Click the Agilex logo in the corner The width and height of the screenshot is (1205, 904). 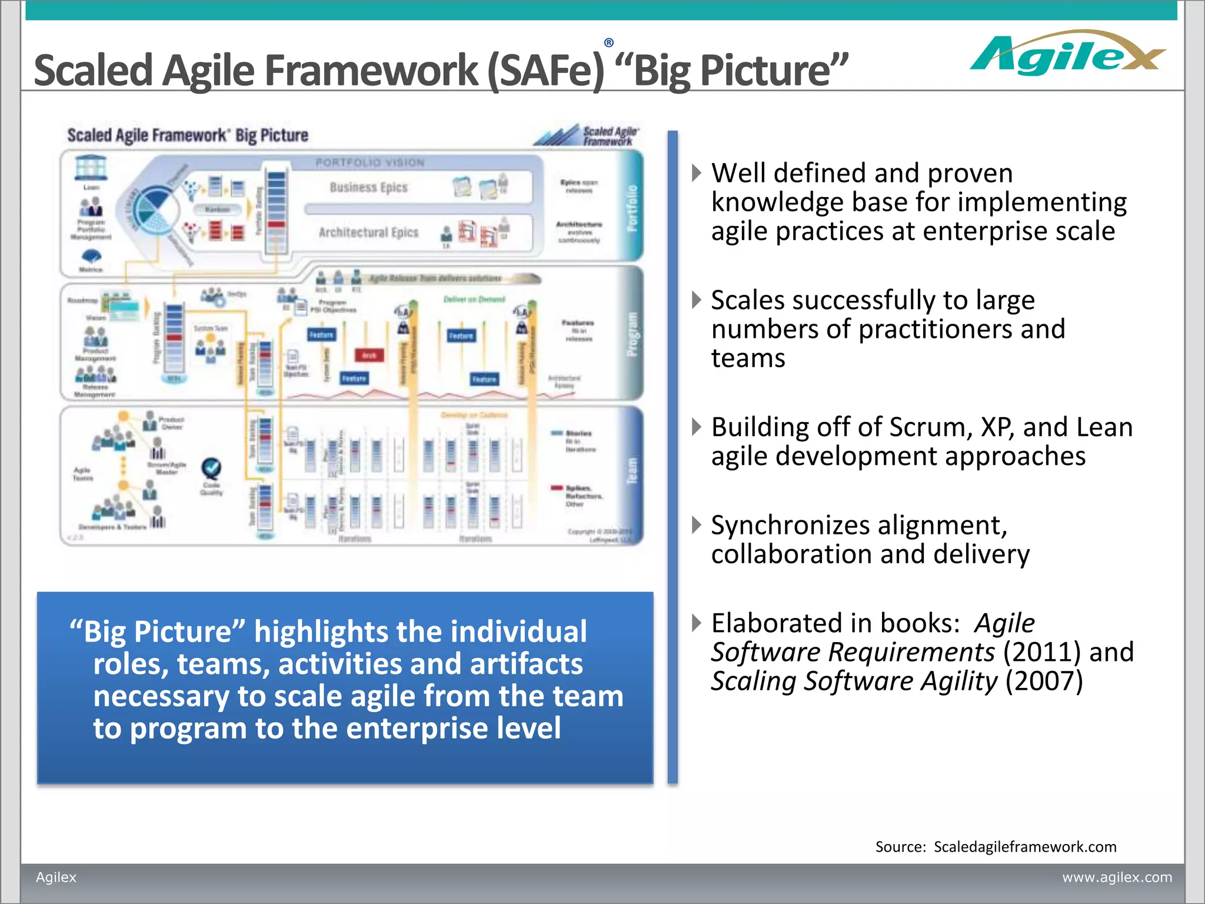click(1066, 54)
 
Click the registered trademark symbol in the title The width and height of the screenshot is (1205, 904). click(609, 42)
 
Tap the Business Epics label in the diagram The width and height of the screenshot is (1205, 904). click(368, 187)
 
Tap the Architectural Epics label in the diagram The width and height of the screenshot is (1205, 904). click(368, 232)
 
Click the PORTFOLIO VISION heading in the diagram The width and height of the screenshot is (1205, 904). click(370, 162)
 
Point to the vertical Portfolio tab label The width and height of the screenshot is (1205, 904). click(632, 208)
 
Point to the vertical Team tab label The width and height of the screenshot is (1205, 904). click(632, 471)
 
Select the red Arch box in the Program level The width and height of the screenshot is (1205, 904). click(369, 355)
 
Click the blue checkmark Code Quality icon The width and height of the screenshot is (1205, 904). click(211, 469)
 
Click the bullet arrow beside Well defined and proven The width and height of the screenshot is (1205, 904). click(697, 173)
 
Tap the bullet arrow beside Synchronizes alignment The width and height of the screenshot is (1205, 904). click(697, 524)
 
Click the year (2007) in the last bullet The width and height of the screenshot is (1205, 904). click(1044, 681)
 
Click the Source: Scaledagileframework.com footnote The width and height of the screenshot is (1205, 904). click(996, 846)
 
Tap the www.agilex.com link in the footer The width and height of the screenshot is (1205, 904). click(1117, 877)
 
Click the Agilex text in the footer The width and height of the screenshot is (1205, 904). click(56, 877)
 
